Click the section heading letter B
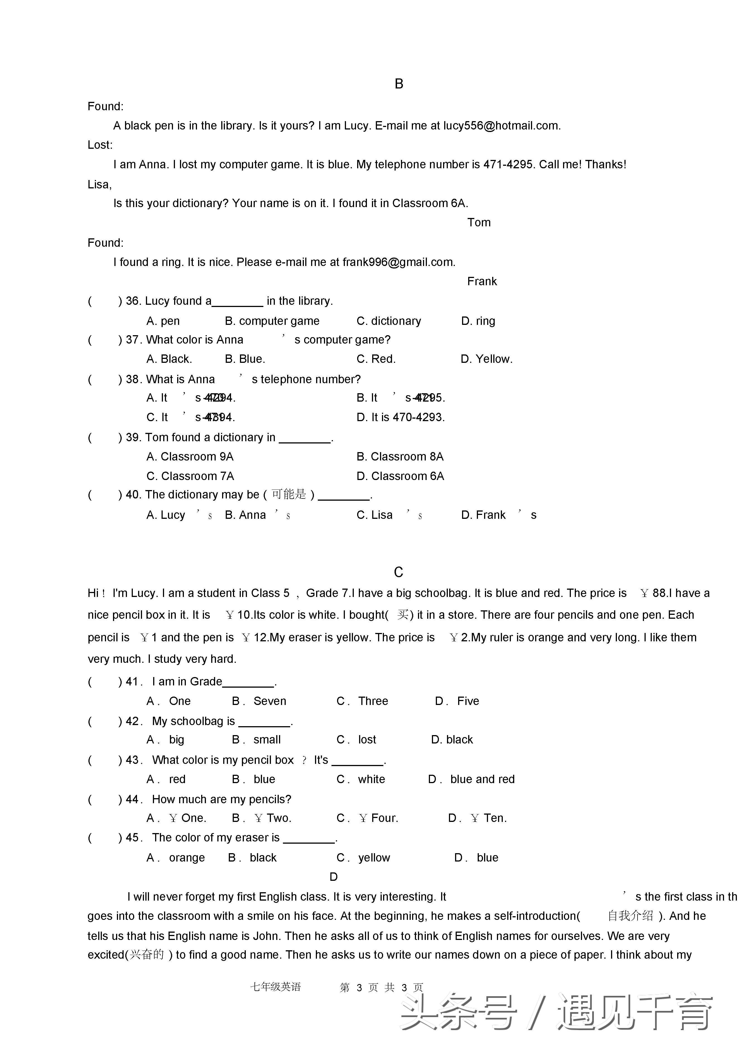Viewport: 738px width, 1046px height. pyautogui.click(x=399, y=84)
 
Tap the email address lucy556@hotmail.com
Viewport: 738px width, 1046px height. pyautogui.click(x=501, y=126)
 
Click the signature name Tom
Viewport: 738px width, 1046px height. pyautogui.click(x=479, y=223)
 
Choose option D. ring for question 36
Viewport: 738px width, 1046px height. pyautogui.click(x=478, y=321)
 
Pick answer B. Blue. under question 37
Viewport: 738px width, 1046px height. pyautogui.click(x=245, y=359)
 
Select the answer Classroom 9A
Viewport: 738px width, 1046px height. pyautogui.click(x=190, y=457)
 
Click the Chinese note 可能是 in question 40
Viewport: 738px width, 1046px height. pyautogui.click(x=289, y=494)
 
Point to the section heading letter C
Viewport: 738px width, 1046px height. pyautogui.click(x=398, y=572)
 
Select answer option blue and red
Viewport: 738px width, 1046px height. pyautogui.click(x=482, y=779)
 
